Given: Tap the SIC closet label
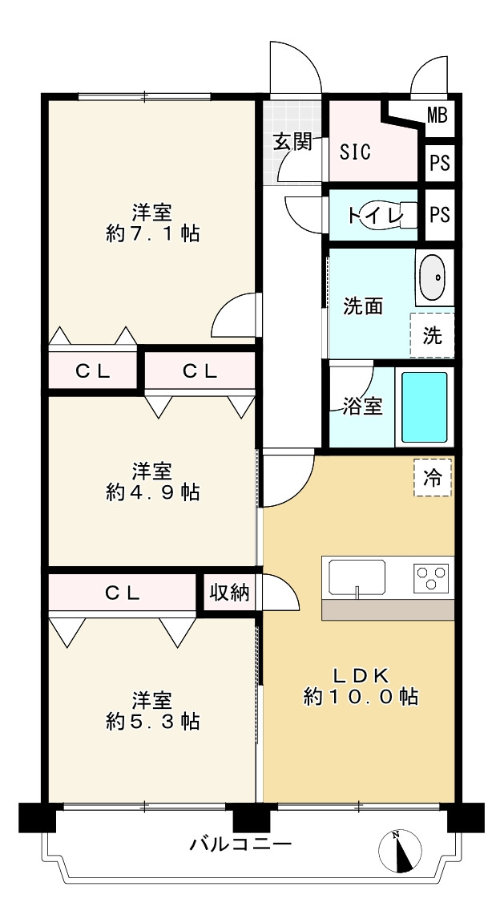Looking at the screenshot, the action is point(356,152).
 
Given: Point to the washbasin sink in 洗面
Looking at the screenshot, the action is point(434,277).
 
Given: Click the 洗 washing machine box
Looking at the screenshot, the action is point(432,335).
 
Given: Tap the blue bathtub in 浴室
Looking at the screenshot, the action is point(424,407).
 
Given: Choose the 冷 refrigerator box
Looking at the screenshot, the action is point(433,477).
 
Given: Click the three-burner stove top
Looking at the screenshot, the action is point(431,576).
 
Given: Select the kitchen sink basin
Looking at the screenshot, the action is point(357,577).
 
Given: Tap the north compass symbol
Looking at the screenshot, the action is point(400,851).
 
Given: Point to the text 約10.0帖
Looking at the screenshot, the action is point(361,697).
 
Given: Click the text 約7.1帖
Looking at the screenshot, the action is point(152,233).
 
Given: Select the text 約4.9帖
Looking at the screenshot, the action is point(152,492).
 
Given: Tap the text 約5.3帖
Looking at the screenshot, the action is point(152,720).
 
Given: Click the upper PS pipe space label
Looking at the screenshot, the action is point(439,163).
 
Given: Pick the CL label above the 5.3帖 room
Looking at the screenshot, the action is point(123,593).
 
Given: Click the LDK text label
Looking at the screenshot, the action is point(361,674).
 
